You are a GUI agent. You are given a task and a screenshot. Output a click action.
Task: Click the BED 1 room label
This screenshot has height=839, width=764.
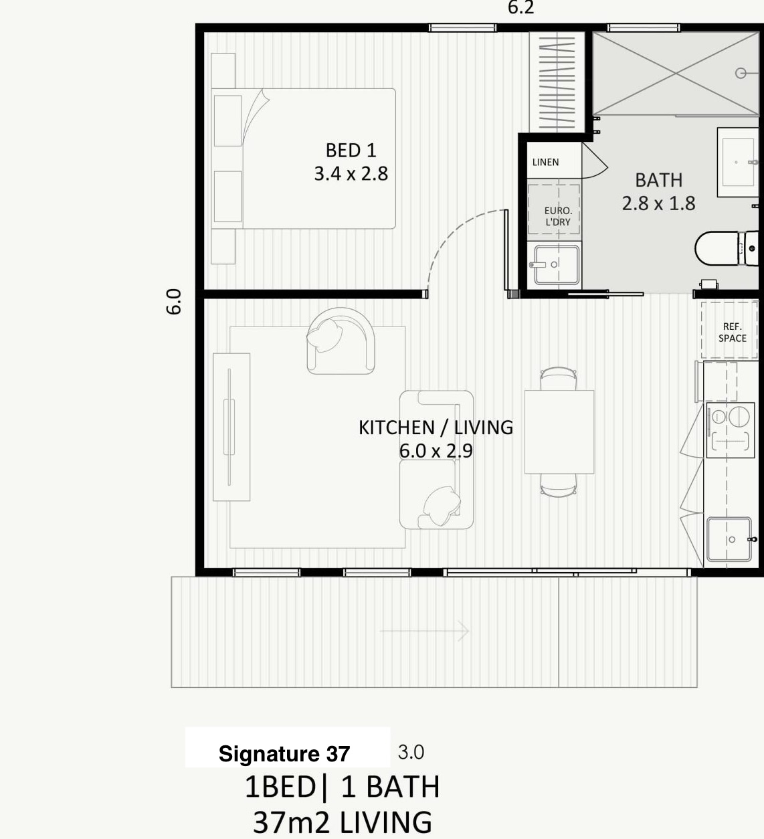[351, 151]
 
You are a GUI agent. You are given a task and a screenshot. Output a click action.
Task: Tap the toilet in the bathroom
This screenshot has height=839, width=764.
[727, 248]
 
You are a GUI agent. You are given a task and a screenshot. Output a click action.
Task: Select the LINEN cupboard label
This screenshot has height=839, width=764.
[545, 163]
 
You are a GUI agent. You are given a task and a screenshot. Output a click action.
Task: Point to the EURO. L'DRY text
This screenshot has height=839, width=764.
[558, 216]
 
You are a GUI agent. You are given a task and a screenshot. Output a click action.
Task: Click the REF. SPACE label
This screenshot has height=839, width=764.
[732, 333]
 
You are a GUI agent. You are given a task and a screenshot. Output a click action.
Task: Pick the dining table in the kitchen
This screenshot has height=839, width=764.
[559, 432]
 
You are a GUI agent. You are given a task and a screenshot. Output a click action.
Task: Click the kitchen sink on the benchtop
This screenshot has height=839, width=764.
[729, 539]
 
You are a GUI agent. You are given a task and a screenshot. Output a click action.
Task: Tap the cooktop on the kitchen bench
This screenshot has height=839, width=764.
[731, 430]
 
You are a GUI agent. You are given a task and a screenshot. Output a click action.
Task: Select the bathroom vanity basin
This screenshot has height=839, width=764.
[738, 162]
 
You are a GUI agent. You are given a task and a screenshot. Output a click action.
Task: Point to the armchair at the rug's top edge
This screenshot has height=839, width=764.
[341, 341]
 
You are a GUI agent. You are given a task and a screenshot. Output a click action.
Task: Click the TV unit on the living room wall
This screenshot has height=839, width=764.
[231, 427]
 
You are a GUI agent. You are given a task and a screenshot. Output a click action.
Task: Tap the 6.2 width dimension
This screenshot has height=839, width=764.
[521, 7]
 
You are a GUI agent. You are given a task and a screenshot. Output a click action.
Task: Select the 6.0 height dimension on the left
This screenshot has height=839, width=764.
[174, 302]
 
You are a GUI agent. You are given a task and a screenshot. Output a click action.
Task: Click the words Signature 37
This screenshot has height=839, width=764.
[284, 753]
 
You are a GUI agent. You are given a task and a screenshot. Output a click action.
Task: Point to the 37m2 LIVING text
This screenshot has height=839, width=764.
[343, 822]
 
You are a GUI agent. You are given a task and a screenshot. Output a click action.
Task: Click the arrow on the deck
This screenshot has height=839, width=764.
[424, 631]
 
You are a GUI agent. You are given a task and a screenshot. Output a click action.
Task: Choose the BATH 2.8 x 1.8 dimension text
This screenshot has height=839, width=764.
[658, 203]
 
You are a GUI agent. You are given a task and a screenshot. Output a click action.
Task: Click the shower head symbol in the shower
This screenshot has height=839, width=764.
[741, 74]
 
